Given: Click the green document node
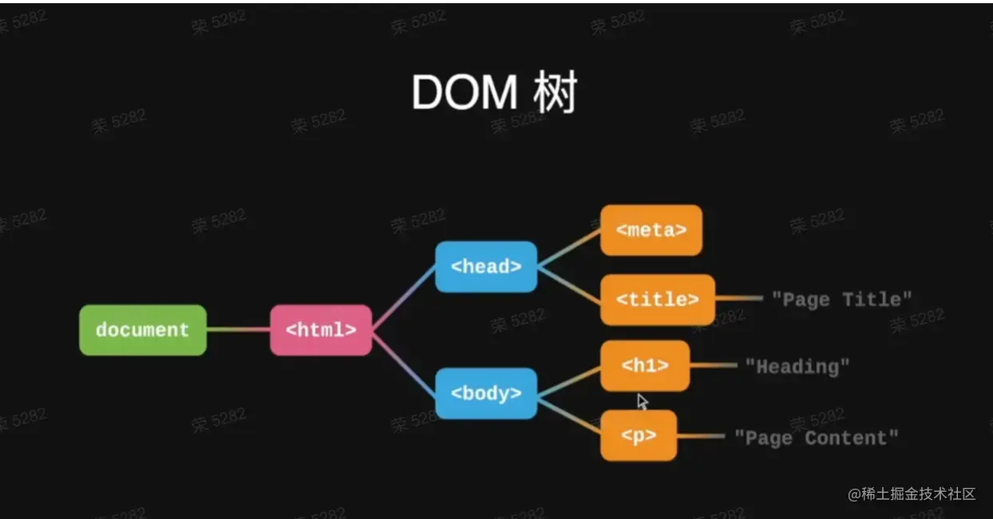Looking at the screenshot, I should pos(143,330).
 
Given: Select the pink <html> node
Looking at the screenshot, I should pos(321,330).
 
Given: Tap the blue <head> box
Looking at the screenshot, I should pos(485,266).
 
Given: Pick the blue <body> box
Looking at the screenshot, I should pos(485,393).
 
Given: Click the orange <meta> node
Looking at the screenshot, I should pos(651,230).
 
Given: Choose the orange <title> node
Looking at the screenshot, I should pos(657,300).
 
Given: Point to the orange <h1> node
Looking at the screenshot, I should pos(644,366).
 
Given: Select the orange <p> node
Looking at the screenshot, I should pos(639,435).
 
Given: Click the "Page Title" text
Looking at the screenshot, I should pos(841,300).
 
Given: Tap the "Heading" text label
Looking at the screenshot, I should pos(797,367).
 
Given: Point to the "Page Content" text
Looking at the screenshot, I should pos(816,438).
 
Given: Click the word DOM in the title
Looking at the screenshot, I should pos(464,94).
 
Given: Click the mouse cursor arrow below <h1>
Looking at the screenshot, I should pos(642,401).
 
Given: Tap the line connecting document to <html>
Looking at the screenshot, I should pos(238,330).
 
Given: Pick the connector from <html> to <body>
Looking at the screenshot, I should pos(403,362).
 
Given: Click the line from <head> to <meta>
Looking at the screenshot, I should pos(568,249).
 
